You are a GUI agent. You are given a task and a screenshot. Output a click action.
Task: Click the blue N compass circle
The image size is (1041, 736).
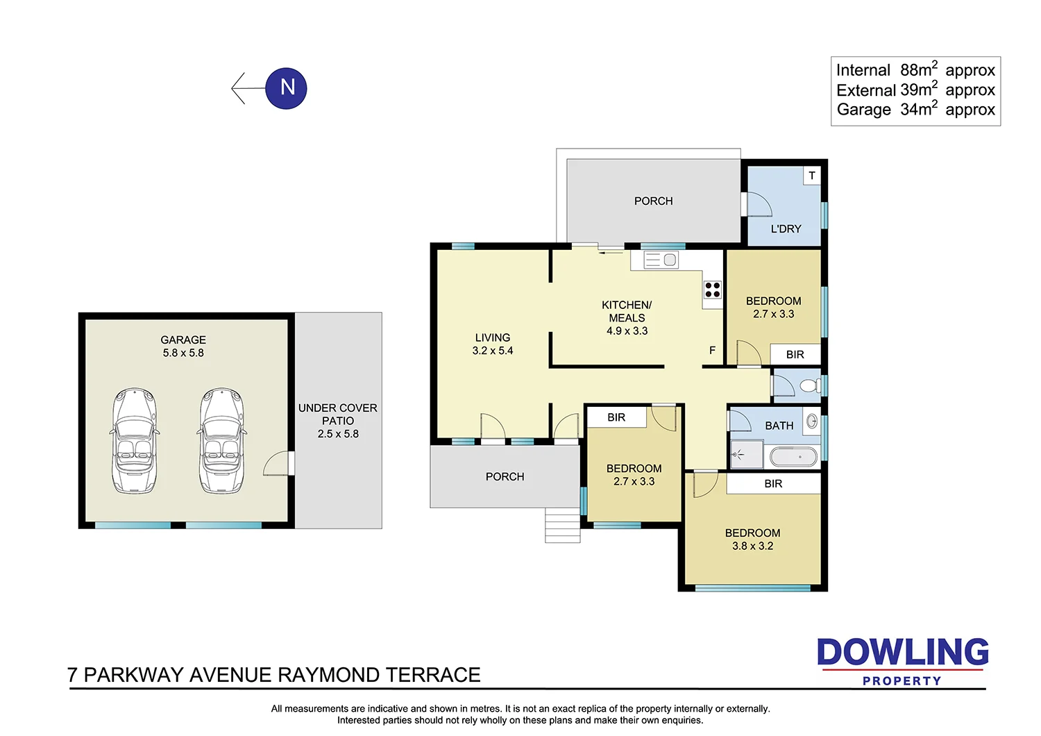(x=286, y=88)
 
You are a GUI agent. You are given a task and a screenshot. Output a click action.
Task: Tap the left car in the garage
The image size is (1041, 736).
(x=135, y=441)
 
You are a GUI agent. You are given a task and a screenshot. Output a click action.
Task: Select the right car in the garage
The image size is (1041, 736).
(x=222, y=441)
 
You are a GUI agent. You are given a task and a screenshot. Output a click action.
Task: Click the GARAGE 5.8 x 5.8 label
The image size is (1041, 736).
(x=183, y=346)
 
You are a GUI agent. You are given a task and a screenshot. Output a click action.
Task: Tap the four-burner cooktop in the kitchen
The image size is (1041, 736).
(x=712, y=290)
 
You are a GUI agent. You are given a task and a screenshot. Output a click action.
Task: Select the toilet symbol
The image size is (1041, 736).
(x=810, y=385)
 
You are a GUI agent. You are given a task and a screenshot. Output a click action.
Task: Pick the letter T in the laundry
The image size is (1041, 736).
(x=812, y=176)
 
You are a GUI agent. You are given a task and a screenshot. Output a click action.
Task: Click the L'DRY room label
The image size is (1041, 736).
(x=786, y=228)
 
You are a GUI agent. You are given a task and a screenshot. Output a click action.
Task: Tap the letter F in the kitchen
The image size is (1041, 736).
(x=712, y=350)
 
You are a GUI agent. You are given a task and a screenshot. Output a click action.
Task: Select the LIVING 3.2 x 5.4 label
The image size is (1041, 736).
(x=493, y=344)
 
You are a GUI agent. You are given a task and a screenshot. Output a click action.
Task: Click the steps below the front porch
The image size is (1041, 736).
(x=562, y=526)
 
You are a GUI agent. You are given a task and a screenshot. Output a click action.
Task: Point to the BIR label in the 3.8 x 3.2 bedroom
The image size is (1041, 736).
(x=773, y=483)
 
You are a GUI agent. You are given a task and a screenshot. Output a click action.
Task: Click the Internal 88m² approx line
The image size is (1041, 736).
(x=915, y=70)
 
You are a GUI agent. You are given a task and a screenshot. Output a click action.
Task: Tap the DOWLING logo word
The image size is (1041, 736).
(x=902, y=653)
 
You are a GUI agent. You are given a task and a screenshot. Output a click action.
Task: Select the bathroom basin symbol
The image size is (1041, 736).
(x=812, y=421)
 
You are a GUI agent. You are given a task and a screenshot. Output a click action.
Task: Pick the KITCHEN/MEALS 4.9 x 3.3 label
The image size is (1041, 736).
(x=627, y=317)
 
